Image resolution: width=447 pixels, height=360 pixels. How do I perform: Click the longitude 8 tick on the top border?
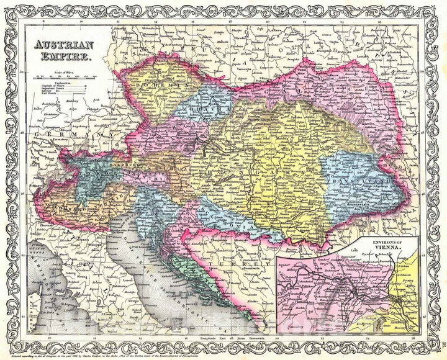point(37,22)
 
